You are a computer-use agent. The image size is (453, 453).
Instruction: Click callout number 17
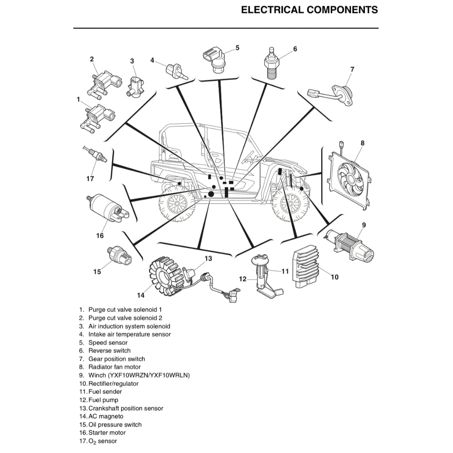coord(90,179)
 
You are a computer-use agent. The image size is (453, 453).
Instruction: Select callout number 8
coord(363,143)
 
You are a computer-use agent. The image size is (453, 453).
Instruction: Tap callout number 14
coord(141,295)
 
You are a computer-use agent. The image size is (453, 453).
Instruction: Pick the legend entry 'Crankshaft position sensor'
coord(126,408)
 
